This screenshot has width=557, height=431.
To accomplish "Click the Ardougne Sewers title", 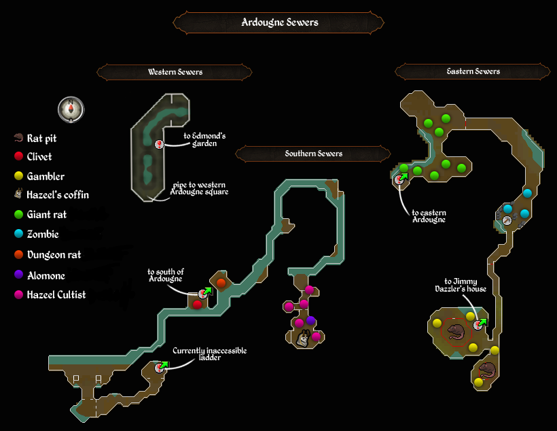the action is [x=280, y=22].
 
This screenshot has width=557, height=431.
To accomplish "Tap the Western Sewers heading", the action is [x=175, y=72].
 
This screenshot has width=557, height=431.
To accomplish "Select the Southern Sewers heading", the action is [x=313, y=154].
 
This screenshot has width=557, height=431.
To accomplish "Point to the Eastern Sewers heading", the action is [x=473, y=71].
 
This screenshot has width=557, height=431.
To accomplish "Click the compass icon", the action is [x=71, y=109].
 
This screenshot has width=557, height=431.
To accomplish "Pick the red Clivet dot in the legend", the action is [x=18, y=156].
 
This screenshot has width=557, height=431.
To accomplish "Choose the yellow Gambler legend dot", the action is [x=18, y=175].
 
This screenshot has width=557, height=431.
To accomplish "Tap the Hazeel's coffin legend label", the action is [x=58, y=195].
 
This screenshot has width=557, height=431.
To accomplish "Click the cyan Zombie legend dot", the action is [x=18, y=234].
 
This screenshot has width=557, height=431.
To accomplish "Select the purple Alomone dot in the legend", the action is [x=18, y=275].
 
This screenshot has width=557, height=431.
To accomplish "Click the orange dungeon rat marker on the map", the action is [x=221, y=283].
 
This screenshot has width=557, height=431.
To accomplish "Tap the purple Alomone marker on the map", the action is [x=311, y=320].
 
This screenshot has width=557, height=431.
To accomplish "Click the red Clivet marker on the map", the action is [x=197, y=305].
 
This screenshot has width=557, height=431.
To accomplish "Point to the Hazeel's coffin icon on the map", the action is [x=303, y=337].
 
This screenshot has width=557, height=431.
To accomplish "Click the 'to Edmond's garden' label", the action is [x=204, y=140].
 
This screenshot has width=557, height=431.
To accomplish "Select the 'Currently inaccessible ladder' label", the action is [x=210, y=354].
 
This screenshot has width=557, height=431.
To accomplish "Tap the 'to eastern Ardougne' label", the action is [x=429, y=216].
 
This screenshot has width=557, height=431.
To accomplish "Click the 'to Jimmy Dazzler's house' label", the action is [x=461, y=286].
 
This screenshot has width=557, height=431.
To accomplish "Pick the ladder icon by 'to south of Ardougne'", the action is [x=204, y=293].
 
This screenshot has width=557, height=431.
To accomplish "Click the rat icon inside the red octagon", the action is [x=456, y=332].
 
